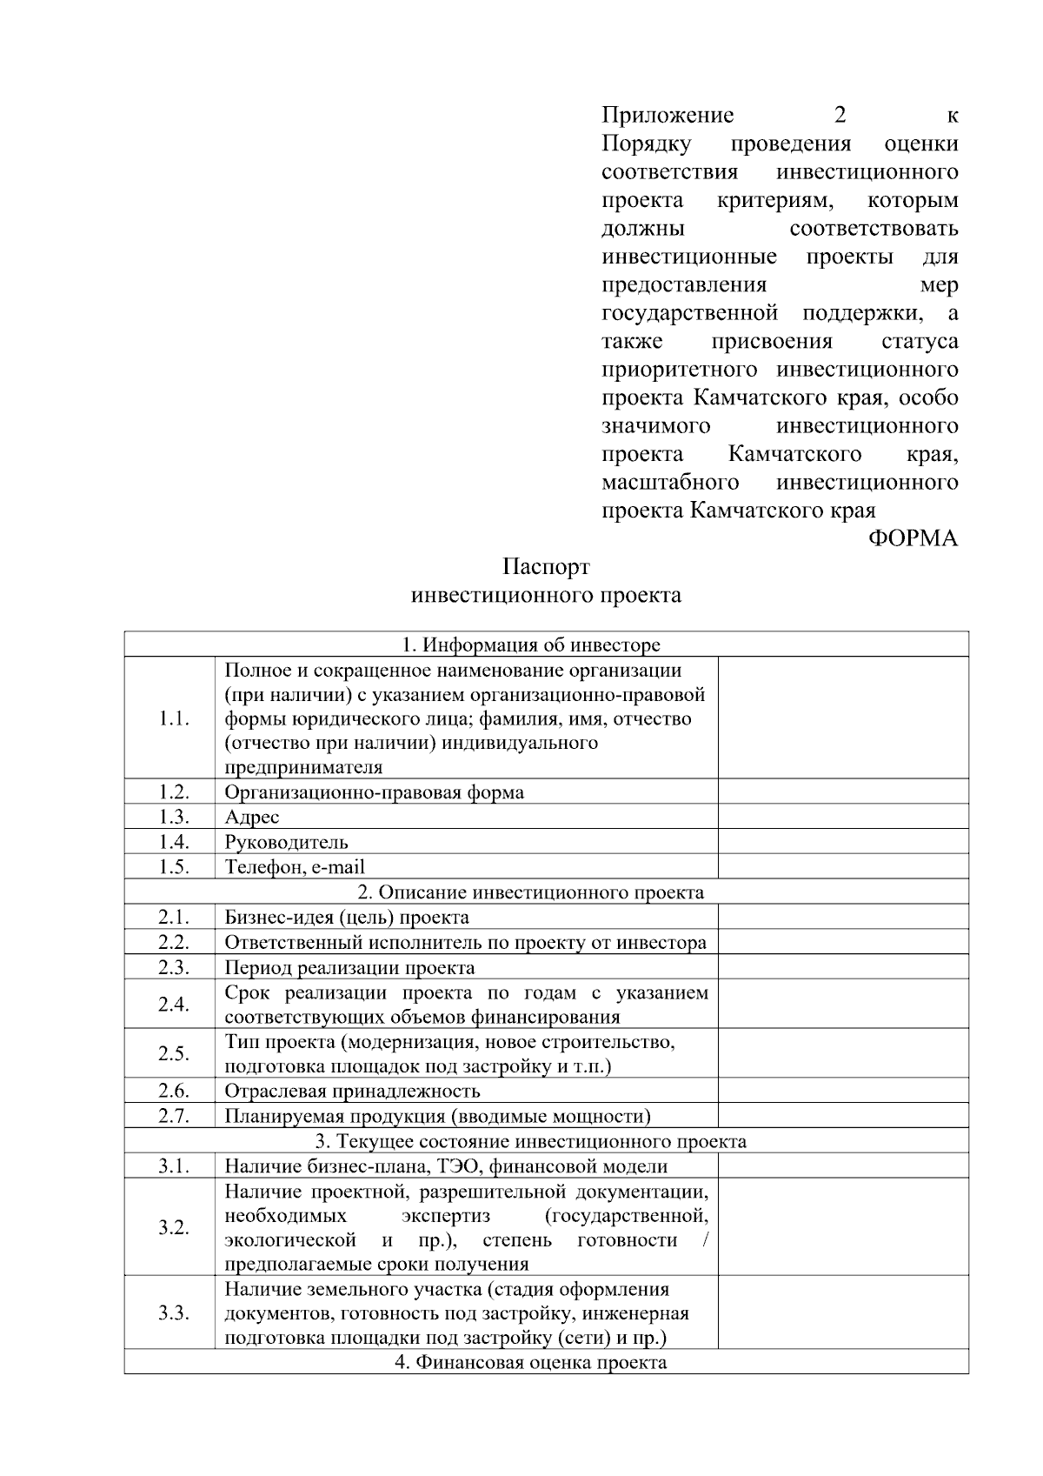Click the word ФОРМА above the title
pos(913,538)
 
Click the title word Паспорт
pos(546,567)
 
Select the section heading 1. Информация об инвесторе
pos(530,644)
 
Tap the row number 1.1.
pos(174,718)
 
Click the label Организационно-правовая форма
pos(374,792)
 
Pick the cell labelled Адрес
pos(252,817)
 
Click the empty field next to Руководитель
pos(842,842)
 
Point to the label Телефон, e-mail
pos(295,867)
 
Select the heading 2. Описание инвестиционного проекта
pos(530,892)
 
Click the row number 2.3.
pos(174,967)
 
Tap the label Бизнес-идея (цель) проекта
pos(347,918)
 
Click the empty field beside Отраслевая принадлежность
pos(842,1091)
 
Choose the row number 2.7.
pos(174,1116)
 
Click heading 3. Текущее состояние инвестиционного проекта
pos(530,1141)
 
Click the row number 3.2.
pos(174,1227)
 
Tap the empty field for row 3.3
pos(842,1313)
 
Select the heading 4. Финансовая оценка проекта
pos(530,1362)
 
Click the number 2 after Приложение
pos(840,115)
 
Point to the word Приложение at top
pos(668,115)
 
